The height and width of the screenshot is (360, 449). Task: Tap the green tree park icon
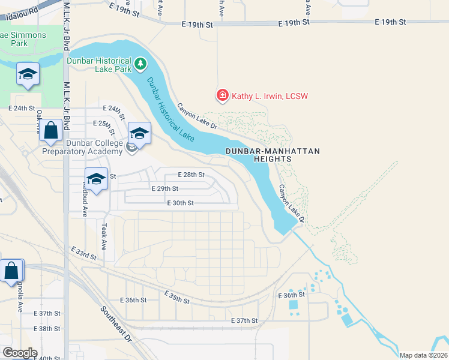(x=140, y=63)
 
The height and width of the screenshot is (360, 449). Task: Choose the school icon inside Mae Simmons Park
(x=28, y=74)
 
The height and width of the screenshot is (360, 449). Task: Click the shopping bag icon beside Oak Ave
(x=51, y=130)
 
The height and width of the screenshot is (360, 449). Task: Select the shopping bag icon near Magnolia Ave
(x=12, y=271)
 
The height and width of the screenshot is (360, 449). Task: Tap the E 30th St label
(x=181, y=203)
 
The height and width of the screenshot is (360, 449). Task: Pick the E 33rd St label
(x=83, y=253)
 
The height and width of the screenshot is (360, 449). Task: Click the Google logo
(x=20, y=353)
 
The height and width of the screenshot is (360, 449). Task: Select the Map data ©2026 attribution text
(x=423, y=355)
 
